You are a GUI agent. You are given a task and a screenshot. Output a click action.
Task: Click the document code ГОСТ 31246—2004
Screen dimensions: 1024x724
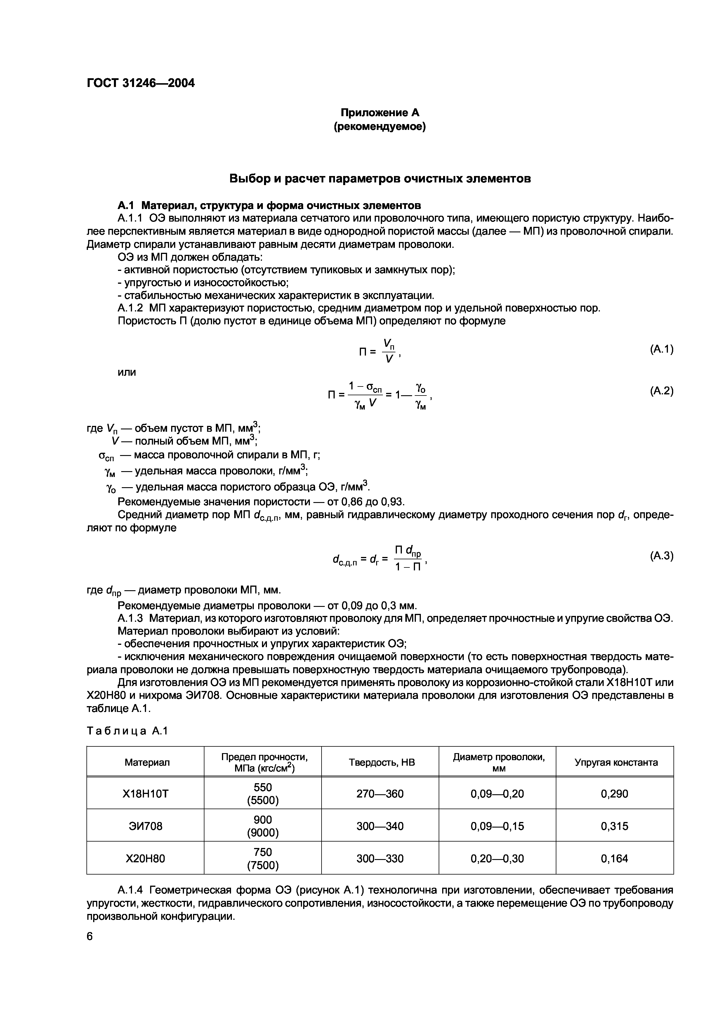click(x=140, y=83)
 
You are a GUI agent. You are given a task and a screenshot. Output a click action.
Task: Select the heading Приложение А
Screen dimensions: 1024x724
click(x=380, y=112)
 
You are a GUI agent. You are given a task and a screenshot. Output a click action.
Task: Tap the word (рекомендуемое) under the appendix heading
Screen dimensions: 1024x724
click(x=380, y=127)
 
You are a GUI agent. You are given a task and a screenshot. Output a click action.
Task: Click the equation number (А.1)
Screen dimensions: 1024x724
click(x=661, y=349)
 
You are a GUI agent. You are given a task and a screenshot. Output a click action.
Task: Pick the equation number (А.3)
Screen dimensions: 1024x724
click(x=661, y=556)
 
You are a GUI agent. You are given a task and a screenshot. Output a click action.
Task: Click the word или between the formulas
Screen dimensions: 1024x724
click(x=127, y=372)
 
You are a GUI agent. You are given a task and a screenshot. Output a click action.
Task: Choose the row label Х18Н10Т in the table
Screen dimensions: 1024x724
click(x=145, y=793)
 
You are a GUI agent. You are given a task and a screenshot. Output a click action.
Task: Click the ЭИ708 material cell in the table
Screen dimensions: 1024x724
click(x=145, y=826)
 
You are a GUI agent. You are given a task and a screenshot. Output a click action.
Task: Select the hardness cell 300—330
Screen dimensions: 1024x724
click(x=380, y=858)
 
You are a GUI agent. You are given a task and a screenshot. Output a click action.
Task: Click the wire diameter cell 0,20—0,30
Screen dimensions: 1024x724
click(x=497, y=858)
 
